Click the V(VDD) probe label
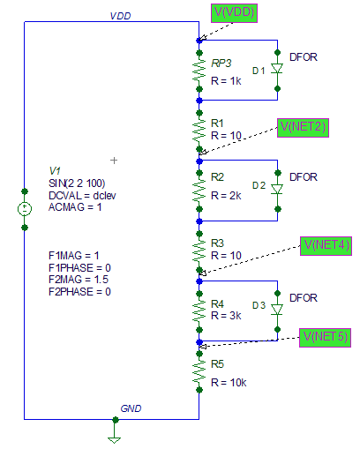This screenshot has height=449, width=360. click(234, 13)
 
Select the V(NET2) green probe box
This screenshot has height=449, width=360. click(303, 128)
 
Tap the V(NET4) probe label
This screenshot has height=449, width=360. click(326, 246)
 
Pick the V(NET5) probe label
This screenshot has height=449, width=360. click(325, 338)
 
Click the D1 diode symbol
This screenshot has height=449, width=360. click(277, 69)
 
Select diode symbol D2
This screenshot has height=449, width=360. click(277, 189)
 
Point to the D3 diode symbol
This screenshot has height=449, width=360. click(277, 310)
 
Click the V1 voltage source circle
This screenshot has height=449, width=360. click(25, 209)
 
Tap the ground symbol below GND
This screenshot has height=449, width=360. click(114, 439)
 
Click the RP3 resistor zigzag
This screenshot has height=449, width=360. click(199, 71)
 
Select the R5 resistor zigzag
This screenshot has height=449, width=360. click(199, 371)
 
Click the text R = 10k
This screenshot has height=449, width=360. click(229, 383)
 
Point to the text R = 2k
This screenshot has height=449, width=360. click(226, 196)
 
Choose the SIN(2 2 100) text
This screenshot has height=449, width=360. click(77, 183)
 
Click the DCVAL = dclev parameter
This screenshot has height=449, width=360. click(82, 196)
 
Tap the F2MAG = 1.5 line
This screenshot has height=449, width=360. click(79, 280)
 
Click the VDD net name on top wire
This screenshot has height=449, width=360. click(120, 16)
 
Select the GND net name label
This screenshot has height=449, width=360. click(131, 408)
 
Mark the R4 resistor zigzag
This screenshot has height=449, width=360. click(199, 311)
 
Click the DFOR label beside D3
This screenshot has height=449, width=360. click(304, 298)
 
